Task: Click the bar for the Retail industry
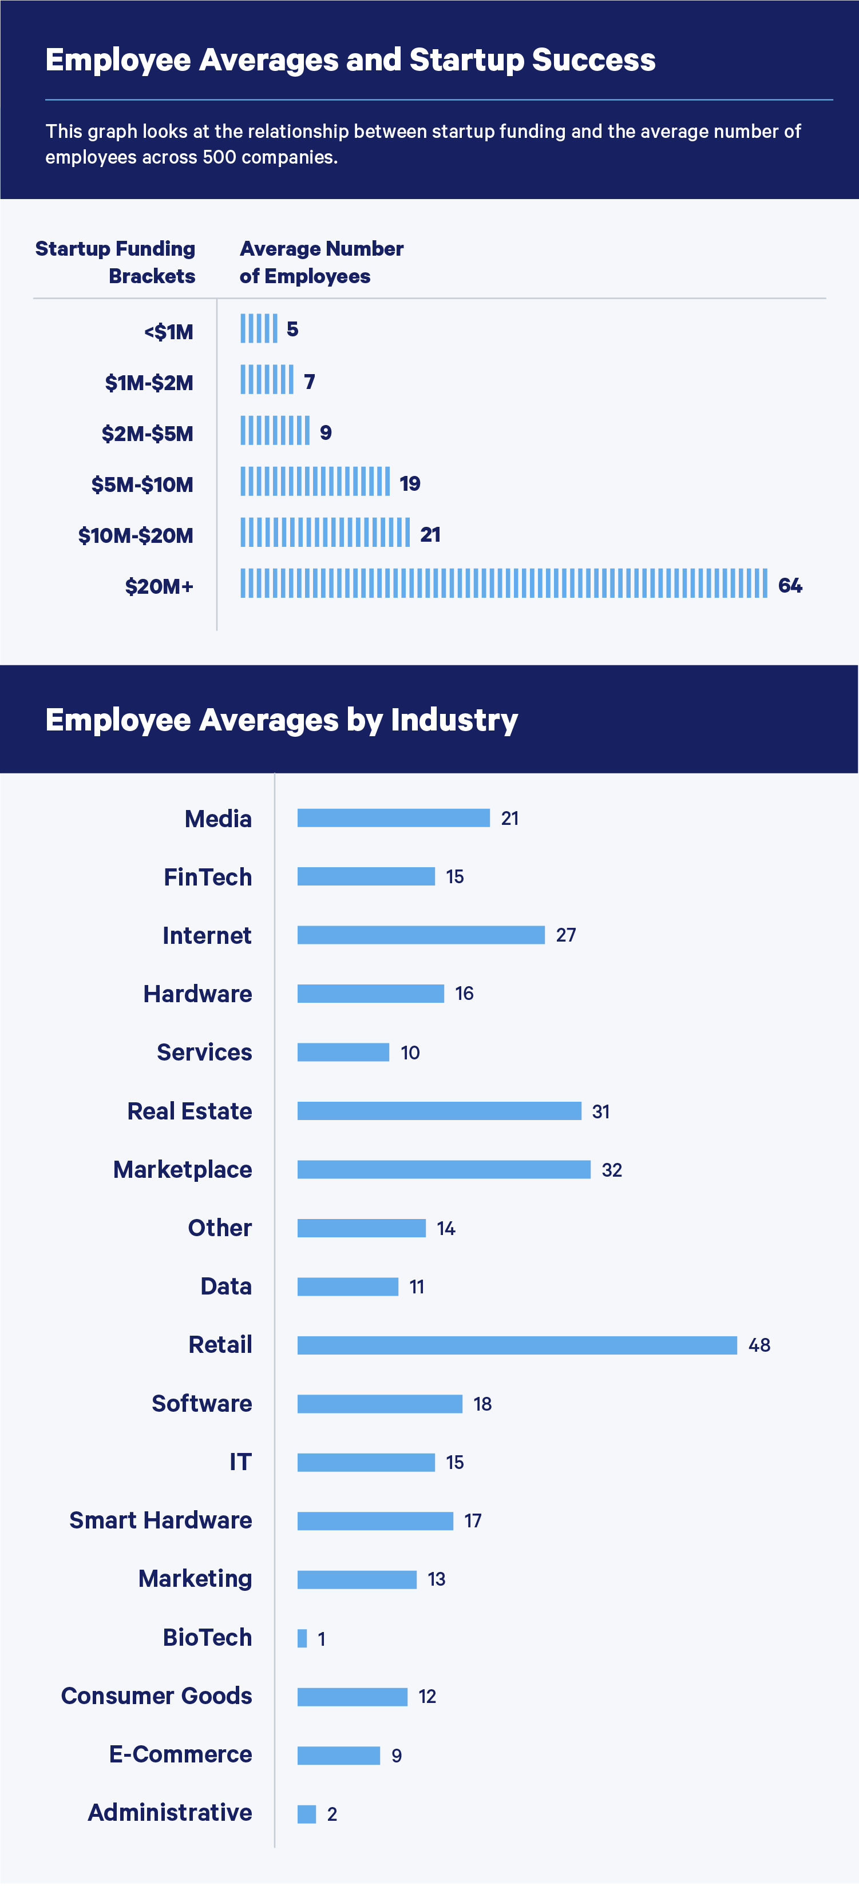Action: point(517,1345)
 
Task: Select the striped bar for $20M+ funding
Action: point(504,583)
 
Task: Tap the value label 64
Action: point(790,585)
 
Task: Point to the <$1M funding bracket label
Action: point(168,332)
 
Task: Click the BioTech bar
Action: point(302,1638)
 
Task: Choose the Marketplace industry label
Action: point(183,1169)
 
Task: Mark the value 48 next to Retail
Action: point(759,1345)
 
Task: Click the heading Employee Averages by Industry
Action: point(282,720)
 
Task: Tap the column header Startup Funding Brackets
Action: point(116,261)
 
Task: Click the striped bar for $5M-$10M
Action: point(315,482)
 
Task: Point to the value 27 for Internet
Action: point(565,935)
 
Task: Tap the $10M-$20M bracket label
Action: point(136,535)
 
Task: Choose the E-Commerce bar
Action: point(338,1756)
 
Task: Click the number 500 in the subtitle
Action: point(219,157)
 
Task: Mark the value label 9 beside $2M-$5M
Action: point(326,432)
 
